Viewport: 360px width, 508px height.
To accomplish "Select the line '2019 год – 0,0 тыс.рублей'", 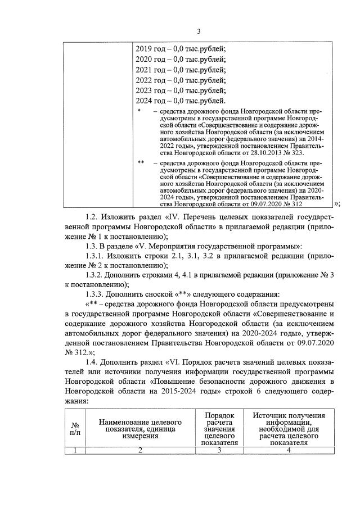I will pos(181,48).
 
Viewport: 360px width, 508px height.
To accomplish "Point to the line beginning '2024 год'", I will pos(181,101).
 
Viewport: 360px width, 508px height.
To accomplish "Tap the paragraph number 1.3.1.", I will pos(96,256).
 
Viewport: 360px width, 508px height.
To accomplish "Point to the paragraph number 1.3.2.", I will pos(96,275).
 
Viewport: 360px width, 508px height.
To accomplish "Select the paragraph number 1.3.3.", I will pos(96,295).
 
